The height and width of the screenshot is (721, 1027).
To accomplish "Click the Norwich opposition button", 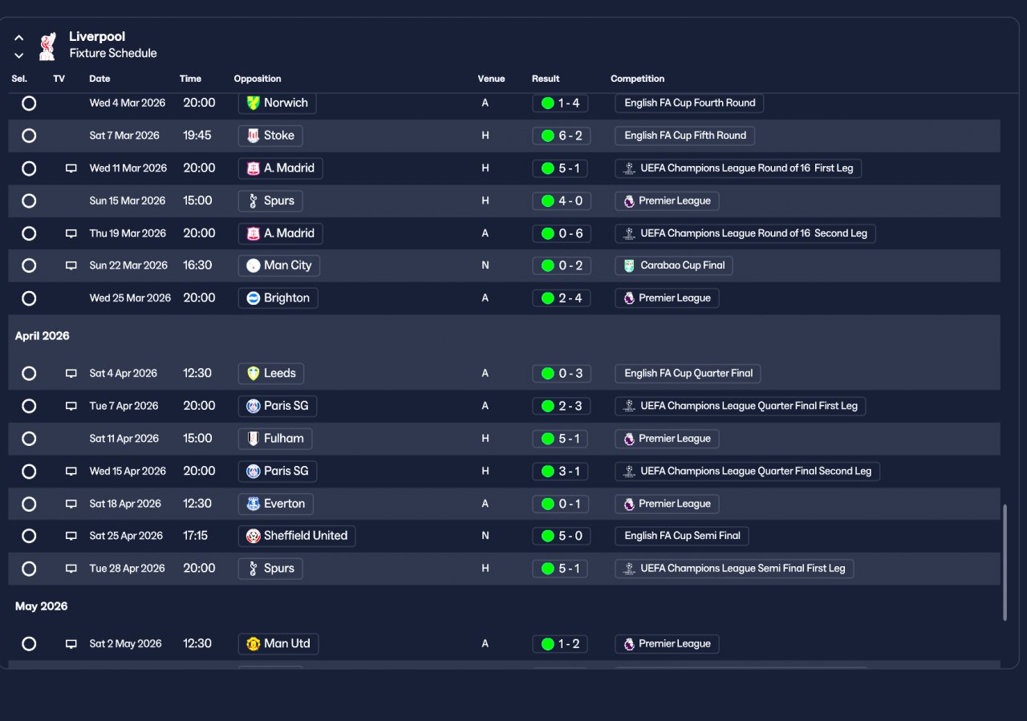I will coord(277,103).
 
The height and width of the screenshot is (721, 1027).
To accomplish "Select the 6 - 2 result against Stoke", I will coord(562,136).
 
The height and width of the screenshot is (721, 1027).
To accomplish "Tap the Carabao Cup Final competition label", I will coord(673,265).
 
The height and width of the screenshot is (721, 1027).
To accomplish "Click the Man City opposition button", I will coord(278,265).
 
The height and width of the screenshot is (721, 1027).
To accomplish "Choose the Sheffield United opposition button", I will coord(296,536).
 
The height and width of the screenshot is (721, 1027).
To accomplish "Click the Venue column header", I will coord(491,79).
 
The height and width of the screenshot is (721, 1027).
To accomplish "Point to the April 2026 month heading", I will coord(43,336).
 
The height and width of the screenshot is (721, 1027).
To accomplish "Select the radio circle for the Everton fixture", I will coord(29,504).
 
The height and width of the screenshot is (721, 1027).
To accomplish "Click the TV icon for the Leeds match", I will coord(71,373).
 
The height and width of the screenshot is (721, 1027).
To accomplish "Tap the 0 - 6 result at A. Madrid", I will coord(562,233).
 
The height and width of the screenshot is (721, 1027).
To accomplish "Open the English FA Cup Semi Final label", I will coord(681,536).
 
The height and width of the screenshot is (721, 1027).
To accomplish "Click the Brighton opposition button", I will coord(278,298).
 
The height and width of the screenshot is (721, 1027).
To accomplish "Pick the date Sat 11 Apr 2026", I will coord(124,439).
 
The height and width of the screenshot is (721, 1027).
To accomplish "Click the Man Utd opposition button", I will coord(278,643).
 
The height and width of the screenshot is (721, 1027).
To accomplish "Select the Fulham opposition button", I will coord(275,439).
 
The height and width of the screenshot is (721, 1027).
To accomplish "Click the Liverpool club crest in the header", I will coord(47,46).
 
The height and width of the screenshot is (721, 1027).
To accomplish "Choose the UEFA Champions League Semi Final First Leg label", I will coord(734,569).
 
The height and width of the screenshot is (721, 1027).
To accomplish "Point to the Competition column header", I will coord(637,79).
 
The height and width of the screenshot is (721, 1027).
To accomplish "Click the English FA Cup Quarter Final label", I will coord(688,373).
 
